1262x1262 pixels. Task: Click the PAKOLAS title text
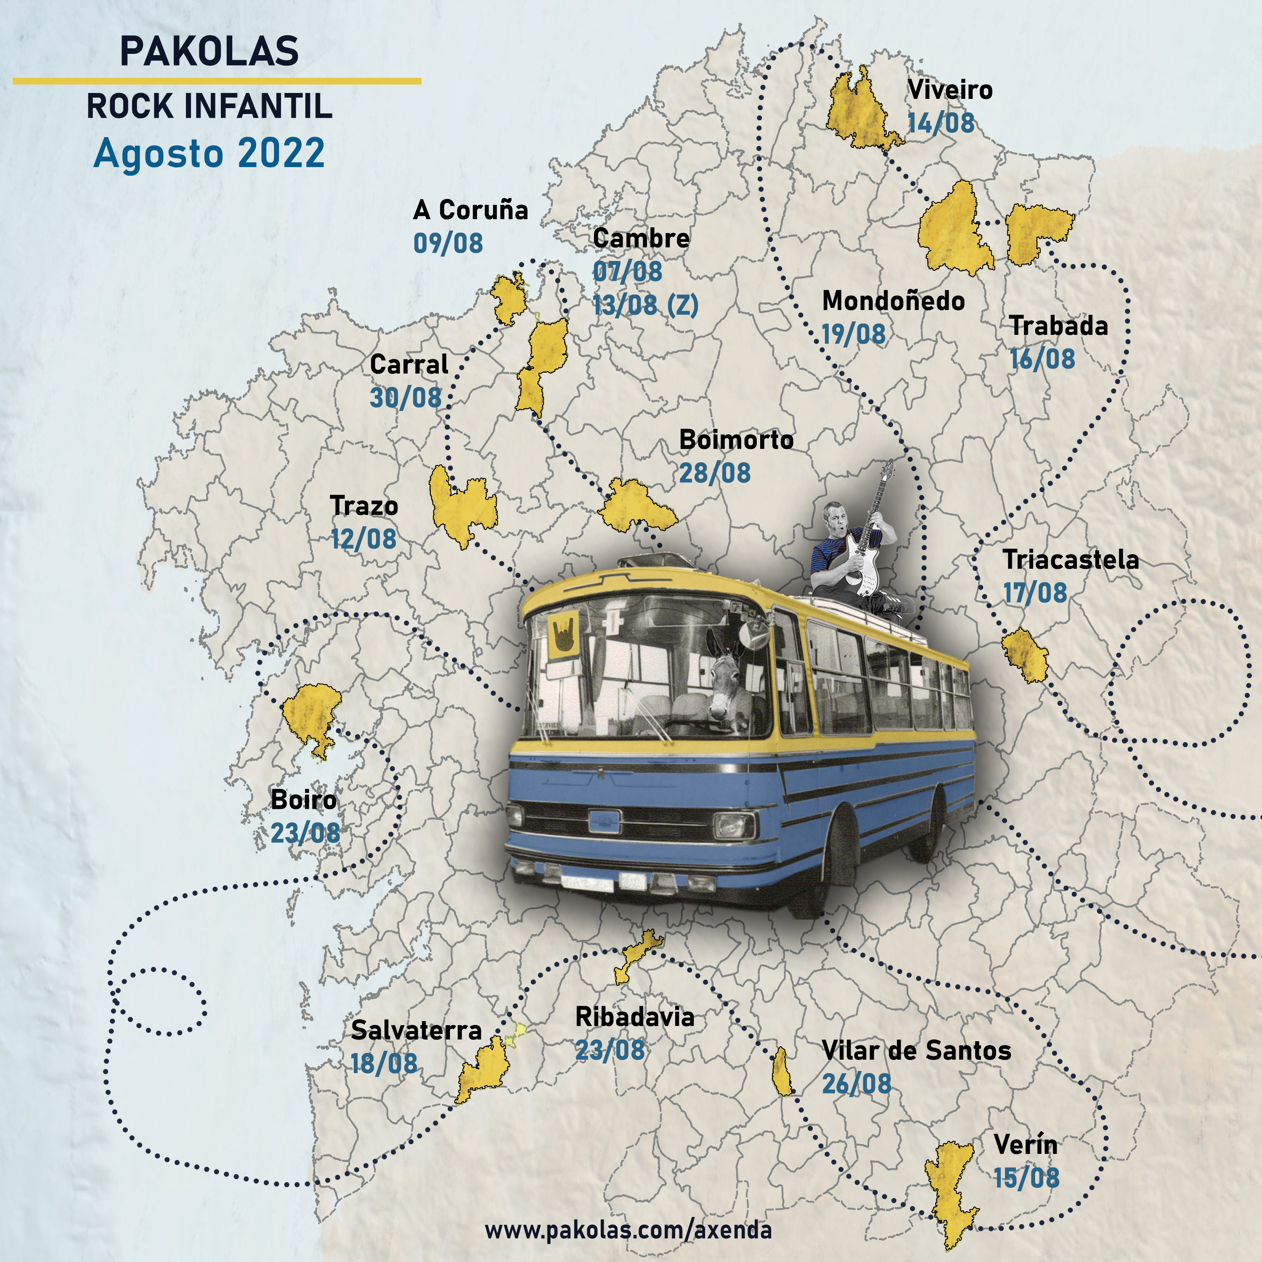[209, 51]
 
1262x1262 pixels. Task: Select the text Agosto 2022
[209, 154]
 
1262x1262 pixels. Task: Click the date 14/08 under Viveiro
[941, 123]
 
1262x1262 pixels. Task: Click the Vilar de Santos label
[916, 1050]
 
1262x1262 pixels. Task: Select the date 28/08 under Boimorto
[715, 473]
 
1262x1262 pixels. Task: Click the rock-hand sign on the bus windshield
[563, 633]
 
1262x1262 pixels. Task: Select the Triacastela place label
[1070, 560]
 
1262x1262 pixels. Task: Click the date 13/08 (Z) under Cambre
[645, 305]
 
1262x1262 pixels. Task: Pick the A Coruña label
[470, 209]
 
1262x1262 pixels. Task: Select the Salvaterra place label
[416, 1030]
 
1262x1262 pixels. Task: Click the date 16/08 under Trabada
[1042, 358]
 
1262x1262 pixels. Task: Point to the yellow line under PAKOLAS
[217, 81]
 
